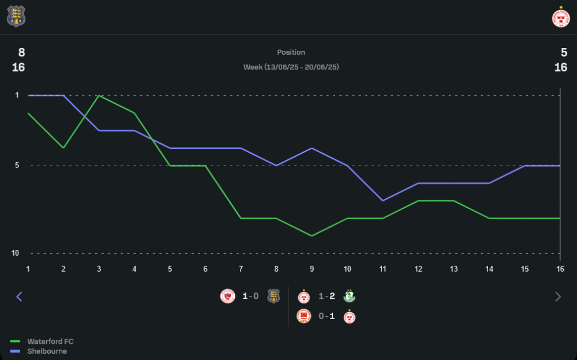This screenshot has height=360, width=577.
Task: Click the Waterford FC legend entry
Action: coord(50,342)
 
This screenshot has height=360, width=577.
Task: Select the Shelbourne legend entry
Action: coord(47,351)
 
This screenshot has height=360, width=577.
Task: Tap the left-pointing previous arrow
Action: coord(19,297)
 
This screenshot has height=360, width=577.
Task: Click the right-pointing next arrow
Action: coord(558,297)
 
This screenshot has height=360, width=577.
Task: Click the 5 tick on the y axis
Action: coord(17,166)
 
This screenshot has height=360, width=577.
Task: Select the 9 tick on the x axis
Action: coord(312,269)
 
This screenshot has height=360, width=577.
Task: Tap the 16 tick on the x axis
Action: coord(560,269)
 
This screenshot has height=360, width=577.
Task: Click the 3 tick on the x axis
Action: coord(99,269)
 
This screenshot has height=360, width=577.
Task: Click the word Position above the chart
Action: coord(291,52)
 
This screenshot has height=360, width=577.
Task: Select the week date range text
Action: coord(291,67)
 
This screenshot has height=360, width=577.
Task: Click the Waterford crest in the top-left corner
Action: coord(16,16)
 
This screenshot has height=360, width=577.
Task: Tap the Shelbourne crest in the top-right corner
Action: coord(560,17)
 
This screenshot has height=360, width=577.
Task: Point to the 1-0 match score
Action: coord(251,296)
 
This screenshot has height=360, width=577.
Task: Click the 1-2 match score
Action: coord(327,296)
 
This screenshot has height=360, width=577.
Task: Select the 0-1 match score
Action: coord(327,316)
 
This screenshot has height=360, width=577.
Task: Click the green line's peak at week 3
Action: coord(99,95)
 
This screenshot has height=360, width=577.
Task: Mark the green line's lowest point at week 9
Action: coord(312,236)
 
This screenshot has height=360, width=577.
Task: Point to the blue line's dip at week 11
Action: coord(383,201)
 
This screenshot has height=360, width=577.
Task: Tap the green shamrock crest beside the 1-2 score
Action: coord(349,296)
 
